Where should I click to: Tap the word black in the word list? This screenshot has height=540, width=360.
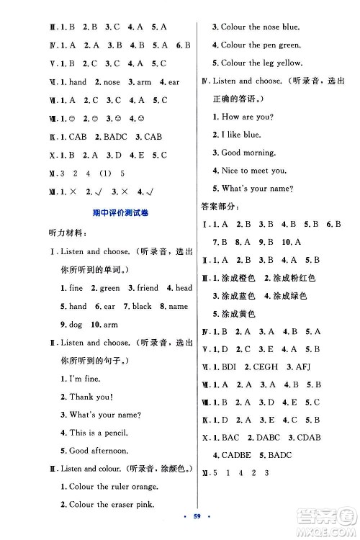[142, 306]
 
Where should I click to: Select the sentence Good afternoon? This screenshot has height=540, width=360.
[99, 451]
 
